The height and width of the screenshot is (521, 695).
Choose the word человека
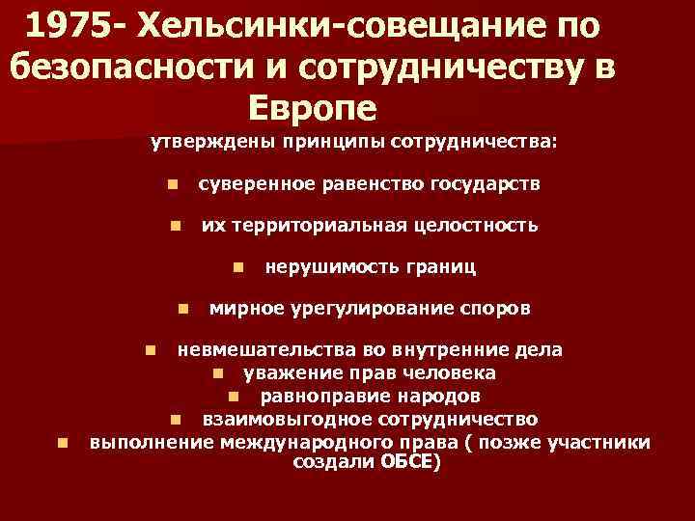455,371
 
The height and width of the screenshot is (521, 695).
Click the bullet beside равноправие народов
234,396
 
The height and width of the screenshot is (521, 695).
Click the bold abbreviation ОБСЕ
409,462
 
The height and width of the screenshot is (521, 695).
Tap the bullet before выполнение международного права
62,443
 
